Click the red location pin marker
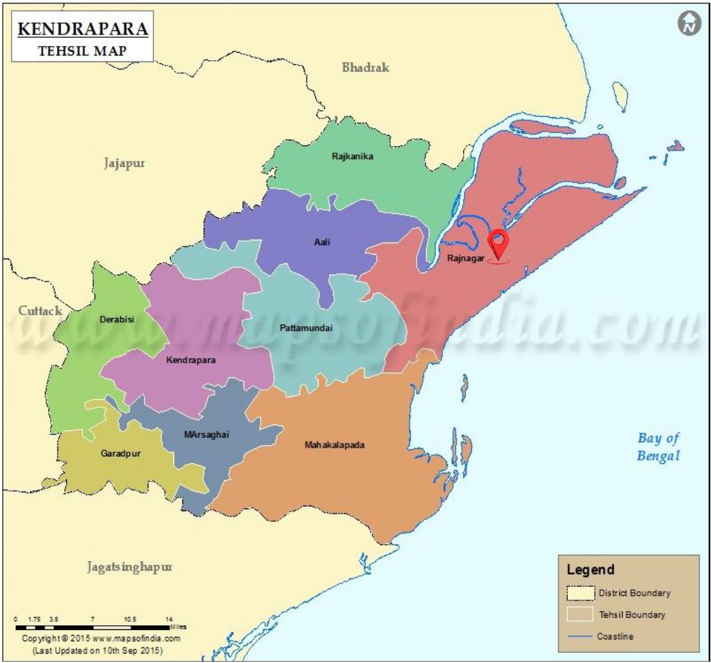point(498,243)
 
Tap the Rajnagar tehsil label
point(466,258)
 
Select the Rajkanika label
point(352,157)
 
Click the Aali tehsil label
point(322,242)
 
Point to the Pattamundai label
point(306,328)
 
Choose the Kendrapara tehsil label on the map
point(191,361)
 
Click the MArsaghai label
point(207,435)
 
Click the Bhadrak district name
point(365,68)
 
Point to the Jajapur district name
point(124,163)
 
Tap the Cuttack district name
point(40,311)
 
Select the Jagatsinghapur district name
point(129,567)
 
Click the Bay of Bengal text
point(658,447)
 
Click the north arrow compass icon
point(688,24)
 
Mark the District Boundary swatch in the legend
point(580,593)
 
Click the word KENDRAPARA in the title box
point(82,30)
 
